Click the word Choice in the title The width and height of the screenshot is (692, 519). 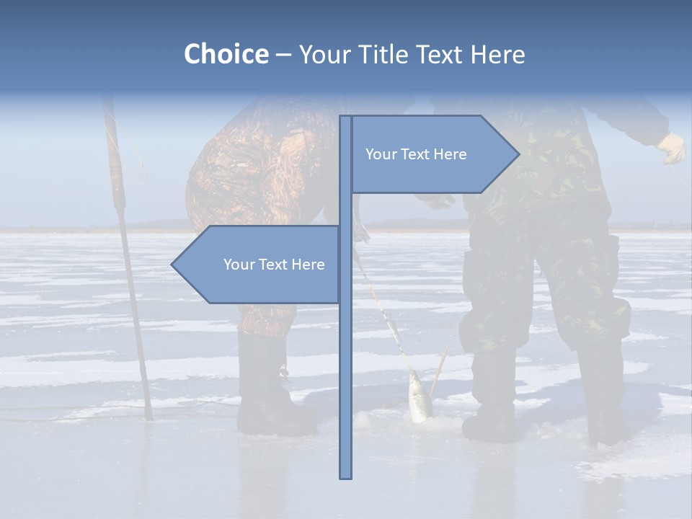[226, 55]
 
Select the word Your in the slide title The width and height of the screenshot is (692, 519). [327, 55]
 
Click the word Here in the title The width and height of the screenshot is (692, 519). [498, 55]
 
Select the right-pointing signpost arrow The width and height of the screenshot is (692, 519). [432, 154]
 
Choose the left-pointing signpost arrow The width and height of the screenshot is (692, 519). [259, 265]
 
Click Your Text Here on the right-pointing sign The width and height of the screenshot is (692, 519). [416, 154]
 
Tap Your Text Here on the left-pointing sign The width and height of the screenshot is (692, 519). [274, 265]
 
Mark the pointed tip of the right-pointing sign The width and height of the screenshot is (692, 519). [518, 154]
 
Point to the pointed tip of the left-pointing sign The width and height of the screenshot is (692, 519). [173, 265]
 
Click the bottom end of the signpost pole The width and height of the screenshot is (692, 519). [346, 476]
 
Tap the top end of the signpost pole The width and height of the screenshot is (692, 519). [346, 118]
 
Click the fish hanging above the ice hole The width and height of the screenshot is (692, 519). [419, 396]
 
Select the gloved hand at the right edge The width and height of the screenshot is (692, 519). [673, 148]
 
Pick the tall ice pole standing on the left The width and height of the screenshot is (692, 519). [126, 252]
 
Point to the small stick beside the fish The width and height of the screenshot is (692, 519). [439, 371]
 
